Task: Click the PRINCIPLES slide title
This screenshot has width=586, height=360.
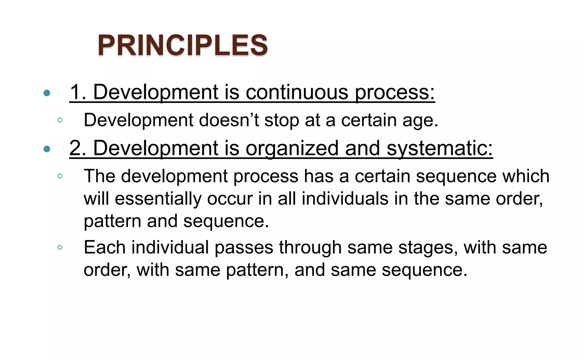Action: click(183, 45)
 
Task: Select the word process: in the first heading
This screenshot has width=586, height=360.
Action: click(395, 92)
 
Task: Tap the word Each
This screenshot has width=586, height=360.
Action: click(104, 247)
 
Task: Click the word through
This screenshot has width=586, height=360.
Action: click(310, 248)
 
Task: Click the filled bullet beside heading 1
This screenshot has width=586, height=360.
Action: click(47, 93)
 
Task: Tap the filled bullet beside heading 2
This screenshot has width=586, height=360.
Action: click(47, 149)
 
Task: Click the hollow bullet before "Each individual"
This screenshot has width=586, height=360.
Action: click(60, 247)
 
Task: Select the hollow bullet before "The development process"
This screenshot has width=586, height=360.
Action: click(60, 176)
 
